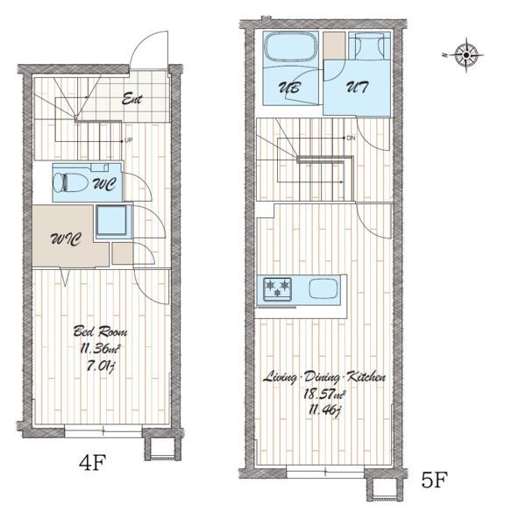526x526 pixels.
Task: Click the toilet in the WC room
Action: pos(70,182)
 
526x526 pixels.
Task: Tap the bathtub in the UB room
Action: pos(291,46)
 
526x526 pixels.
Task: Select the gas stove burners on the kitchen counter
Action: pos(277,289)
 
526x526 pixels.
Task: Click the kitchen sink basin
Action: pos(323,288)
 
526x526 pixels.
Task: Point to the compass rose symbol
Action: pos(466,54)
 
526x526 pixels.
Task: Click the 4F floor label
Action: pos(93,462)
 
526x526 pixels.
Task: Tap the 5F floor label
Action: pos(435,480)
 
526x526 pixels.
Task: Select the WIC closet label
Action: pos(66,238)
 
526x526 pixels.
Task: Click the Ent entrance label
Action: pos(131,99)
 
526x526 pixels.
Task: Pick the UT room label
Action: pos(357,88)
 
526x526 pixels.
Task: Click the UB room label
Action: pos(289,88)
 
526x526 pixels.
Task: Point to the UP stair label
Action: pos(129,140)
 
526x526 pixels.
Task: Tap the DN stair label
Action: pos(351,138)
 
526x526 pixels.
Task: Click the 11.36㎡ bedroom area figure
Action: pos(100,349)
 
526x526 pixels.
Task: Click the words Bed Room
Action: pos(100,331)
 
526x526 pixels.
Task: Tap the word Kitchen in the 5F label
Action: pos(366,377)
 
